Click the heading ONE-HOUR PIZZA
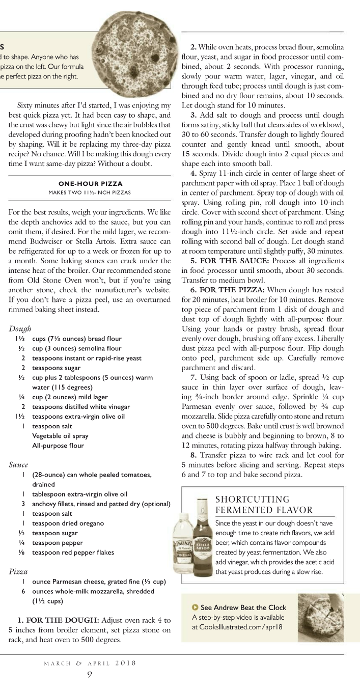[x=90, y=183]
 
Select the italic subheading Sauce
[x=18, y=464]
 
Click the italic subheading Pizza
[x=18, y=571]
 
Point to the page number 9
[x=90, y=675]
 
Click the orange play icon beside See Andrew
[x=195, y=607]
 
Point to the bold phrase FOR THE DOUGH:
[x=58, y=621]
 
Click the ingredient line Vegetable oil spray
[x=60, y=436]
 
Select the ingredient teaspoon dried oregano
[x=68, y=523]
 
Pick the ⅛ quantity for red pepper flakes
[x=22, y=552]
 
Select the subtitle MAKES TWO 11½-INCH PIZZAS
[x=90, y=192]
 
